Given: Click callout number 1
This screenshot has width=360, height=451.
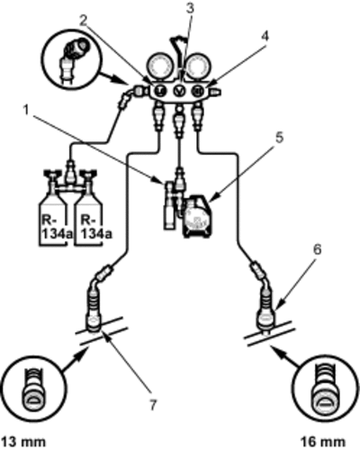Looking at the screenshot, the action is coord(26,110).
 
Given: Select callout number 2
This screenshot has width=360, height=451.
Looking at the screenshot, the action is coord(84,21).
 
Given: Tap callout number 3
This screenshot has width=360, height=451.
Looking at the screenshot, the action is coord(190,8).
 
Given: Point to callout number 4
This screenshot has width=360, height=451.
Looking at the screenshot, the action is coord(265,36).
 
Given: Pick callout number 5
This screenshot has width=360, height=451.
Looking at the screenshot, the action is coord(279,138).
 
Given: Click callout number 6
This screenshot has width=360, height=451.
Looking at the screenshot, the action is coord(318,249).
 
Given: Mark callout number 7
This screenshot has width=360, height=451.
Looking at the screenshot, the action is coord(153,405).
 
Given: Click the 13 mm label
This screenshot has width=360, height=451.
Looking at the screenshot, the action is coord(23,442).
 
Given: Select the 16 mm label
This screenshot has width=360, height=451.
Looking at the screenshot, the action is coord(323,442).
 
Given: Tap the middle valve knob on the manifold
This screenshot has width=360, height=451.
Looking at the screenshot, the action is coord(179,90).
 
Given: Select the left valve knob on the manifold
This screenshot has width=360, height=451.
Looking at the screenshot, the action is coord(160,90).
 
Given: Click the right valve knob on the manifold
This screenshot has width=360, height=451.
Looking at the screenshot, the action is coord(198,90).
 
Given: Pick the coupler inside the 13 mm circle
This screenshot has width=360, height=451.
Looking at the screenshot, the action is coord(33,389).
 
